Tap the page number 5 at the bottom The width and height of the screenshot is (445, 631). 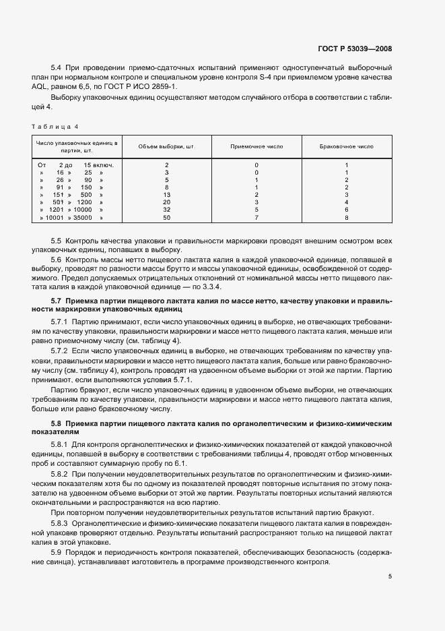coord(390,576)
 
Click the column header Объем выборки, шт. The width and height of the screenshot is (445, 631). coord(166,146)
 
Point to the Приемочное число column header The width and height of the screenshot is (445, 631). coord(256,146)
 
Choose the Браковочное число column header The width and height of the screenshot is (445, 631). coord(346,146)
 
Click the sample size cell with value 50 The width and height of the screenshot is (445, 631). coord(166,218)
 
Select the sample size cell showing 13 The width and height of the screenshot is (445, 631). coord(166,195)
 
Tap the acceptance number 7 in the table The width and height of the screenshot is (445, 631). coord(256,218)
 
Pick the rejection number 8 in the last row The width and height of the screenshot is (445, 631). coord(346,218)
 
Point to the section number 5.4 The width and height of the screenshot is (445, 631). coord(57,69)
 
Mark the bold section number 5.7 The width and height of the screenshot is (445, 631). coord(57,300)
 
